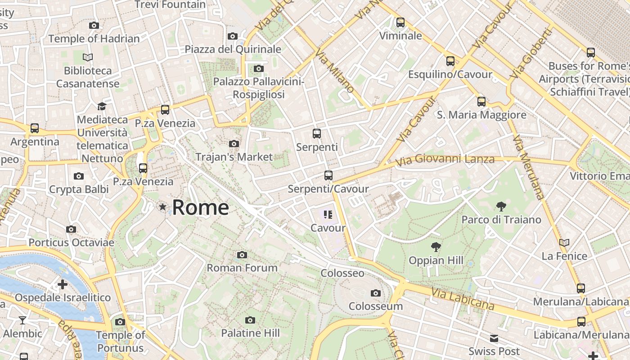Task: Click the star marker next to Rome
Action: (x=162, y=207)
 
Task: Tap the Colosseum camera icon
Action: (x=376, y=293)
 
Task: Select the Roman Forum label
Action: (x=242, y=268)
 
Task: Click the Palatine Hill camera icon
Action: (x=250, y=320)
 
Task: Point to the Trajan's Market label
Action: (x=234, y=157)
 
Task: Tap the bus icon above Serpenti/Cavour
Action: (x=328, y=175)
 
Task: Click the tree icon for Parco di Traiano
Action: (x=501, y=207)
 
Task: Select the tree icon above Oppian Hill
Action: (x=436, y=247)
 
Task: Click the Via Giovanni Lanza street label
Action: (x=445, y=159)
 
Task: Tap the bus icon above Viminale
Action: (x=400, y=22)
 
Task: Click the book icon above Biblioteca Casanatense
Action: (x=88, y=57)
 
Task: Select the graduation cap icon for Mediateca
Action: (x=102, y=106)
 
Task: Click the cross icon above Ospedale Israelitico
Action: (x=63, y=284)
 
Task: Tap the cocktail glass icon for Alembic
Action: (x=22, y=320)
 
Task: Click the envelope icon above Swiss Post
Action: (x=494, y=338)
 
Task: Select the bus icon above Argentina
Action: (x=35, y=128)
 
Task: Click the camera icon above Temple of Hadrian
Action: (x=94, y=25)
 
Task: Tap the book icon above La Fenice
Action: (x=564, y=243)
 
